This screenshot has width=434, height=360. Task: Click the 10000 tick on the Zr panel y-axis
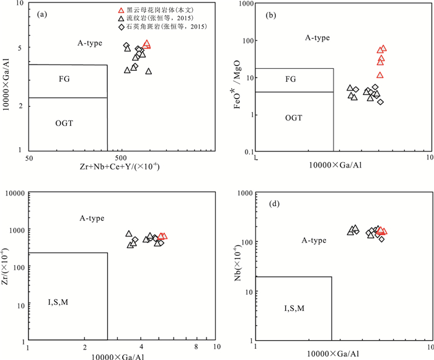[x=14, y=194]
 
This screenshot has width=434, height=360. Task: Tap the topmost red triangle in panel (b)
[x=383, y=48]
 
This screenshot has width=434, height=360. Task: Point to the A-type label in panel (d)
[x=314, y=240]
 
